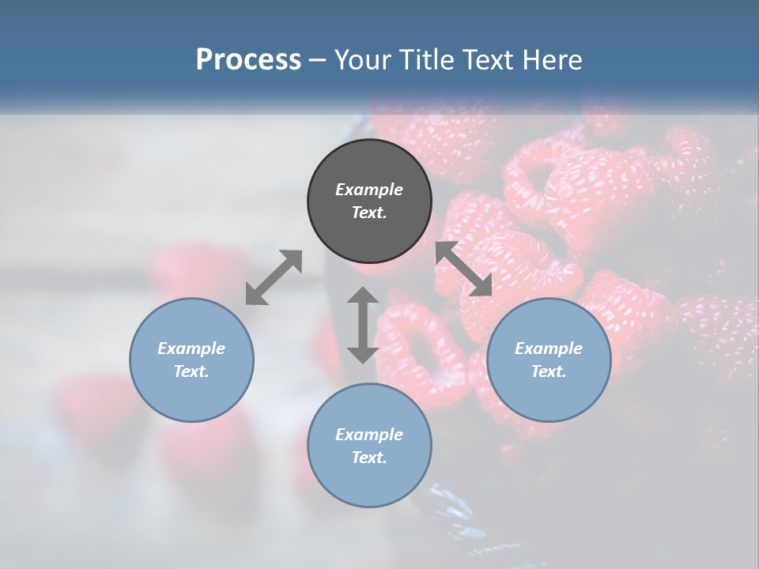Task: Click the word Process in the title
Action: [248, 60]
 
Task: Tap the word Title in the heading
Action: [429, 60]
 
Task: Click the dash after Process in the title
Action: [318, 61]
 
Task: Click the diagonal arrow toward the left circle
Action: [274, 277]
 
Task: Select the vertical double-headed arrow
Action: [363, 325]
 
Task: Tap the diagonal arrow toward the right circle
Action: [464, 269]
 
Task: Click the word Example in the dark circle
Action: [369, 190]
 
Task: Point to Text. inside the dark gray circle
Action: [369, 213]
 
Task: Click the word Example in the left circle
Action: [191, 349]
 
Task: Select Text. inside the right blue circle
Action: [549, 371]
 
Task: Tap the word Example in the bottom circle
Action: [369, 435]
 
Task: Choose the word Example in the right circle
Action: [549, 349]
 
